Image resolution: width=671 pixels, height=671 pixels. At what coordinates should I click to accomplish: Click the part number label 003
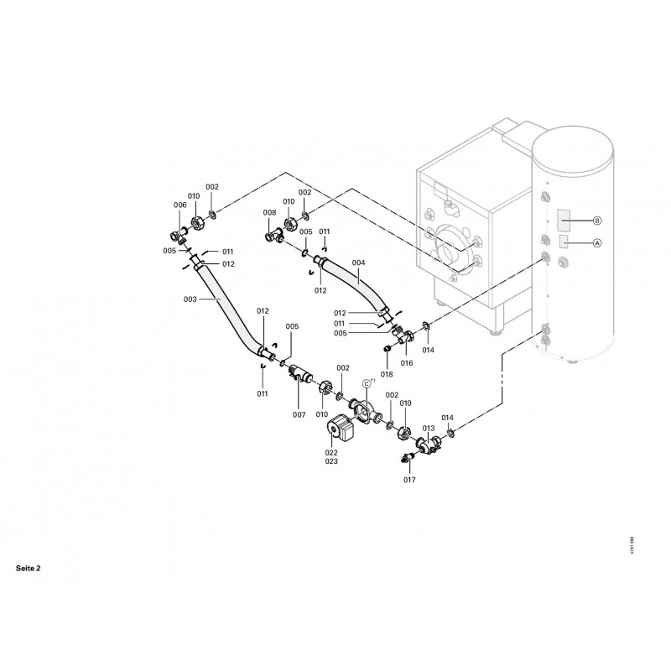(x=190, y=299)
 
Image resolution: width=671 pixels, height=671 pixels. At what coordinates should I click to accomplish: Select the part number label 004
(x=358, y=263)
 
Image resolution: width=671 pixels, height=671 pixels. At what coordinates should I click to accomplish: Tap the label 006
(x=179, y=205)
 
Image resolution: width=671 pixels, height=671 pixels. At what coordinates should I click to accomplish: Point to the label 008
(x=269, y=213)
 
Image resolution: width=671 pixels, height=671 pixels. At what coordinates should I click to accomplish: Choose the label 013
(x=429, y=428)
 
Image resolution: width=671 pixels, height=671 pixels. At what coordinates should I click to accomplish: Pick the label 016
(x=407, y=363)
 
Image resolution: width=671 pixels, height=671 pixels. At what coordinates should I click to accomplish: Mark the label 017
(x=409, y=480)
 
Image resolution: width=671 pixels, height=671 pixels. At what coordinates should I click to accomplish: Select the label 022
(x=332, y=452)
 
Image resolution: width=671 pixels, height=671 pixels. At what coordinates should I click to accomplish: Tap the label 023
(x=332, y=461)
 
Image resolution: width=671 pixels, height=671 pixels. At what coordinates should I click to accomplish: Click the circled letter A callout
(x=597, y=243)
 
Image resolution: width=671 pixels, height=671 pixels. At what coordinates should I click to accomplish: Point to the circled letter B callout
(x=597, y=221)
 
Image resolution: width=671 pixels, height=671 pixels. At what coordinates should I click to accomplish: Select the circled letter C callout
(x=366, y=383)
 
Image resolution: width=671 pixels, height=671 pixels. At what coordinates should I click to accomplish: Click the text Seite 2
(x=28, y=568)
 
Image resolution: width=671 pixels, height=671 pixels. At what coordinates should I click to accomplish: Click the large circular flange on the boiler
(x=452, y=249)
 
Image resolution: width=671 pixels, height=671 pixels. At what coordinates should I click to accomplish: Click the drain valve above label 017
(x=408, y=457)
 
